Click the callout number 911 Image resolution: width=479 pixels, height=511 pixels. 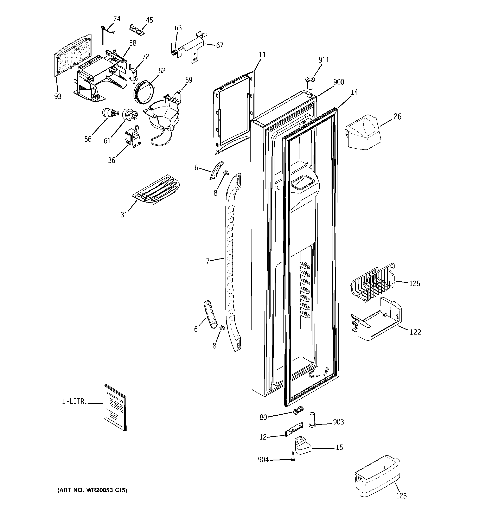point(324,60)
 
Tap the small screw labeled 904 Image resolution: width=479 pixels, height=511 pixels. point(293,456)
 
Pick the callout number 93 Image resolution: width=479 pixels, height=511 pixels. point(58,96)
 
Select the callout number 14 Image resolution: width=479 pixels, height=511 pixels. point(354,92)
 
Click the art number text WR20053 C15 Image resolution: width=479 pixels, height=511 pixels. point(92,490)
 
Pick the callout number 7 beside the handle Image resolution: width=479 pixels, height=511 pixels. point(208,261)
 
